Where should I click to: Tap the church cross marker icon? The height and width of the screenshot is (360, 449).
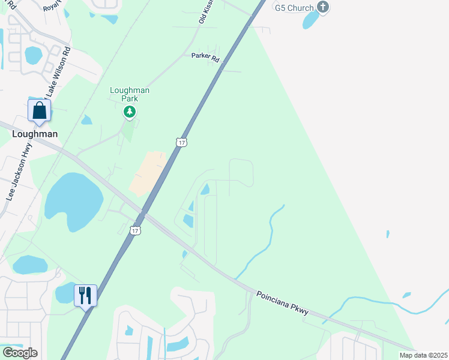pyautogui.click(x=324, y=7)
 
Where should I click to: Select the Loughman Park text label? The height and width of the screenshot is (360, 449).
pyautogui.click(x=129, y=94)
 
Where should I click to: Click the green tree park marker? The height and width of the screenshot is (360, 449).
pyautogui.click(x=129, y=112)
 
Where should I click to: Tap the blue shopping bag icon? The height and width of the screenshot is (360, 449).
pyautogui.click(x=40, y=111)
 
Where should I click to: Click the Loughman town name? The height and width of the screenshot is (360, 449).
pyautogui.click(x=35, y=134)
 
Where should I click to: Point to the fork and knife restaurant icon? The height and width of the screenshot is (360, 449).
pyautogui.click(x=85, y=295)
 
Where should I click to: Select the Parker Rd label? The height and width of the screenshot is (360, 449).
pyautogui.click(x=206, y=56)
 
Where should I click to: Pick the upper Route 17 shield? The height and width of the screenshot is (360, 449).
pyautogui.click(x=181, y=142)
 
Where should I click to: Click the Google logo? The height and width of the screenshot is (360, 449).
pyautogui.click(x=20, y=352)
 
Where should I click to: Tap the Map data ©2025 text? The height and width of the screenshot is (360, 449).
pyautogui.click(x=423, y=355)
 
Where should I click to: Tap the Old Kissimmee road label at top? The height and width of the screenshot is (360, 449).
pyautogui.click(x=206, y=12)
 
